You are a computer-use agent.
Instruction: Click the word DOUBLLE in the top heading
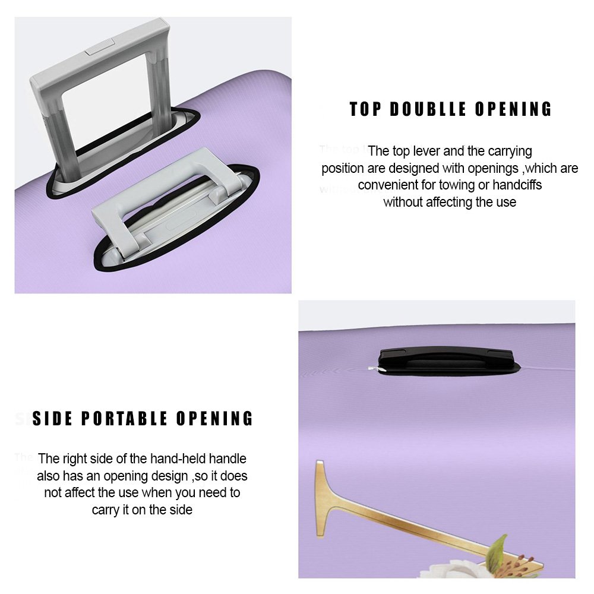pyautogui.click(x=428, y=109)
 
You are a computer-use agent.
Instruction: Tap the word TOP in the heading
pyautogui.click(x=365, y=109)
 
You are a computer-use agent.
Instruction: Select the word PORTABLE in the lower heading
pyautogui.click(x=124, y=419)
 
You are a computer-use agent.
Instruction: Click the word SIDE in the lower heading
pyautogui.click(x=52, y=419)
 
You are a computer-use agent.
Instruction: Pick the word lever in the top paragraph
pyautogui.click(x=426, y=151)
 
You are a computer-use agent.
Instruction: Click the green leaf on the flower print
pyautogui.click(x=497, y=548)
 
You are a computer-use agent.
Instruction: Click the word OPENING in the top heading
pyautogui.click(x=513, y=109)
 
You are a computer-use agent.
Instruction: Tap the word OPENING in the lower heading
pyautogui.click(x=214, y=419)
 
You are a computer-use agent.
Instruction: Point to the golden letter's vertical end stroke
pyautogui.click(x=321, y=498)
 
